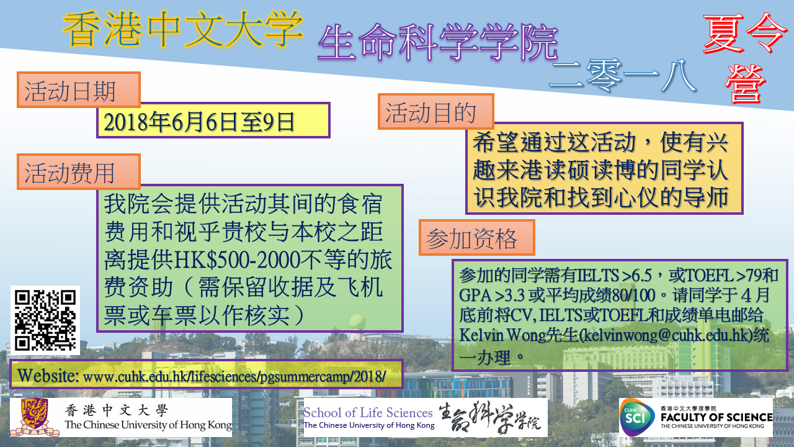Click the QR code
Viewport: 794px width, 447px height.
tap(45, 320)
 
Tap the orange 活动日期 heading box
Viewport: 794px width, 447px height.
tap(79, 90)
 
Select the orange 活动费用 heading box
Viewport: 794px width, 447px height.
tap(79, 172)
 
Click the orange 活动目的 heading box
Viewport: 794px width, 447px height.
tap(436, 111)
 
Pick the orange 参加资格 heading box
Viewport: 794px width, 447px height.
tap(477, 237)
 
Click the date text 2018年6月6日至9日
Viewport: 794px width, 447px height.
tap(199, 122)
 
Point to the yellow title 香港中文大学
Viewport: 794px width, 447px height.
tap(183, 29)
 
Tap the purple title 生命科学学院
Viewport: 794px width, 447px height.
tap(438, 43)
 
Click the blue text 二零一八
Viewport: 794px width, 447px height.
tap(622, 76)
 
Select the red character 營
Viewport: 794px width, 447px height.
tap(745, 84)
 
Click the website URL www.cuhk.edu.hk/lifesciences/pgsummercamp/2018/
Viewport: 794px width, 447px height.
tap(234, 376)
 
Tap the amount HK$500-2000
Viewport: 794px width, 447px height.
tap(238, 260)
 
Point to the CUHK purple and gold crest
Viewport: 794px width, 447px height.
tap(34, 417)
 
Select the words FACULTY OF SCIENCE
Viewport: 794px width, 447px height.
tap(716, 417)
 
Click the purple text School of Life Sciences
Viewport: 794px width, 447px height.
tap(368, 413)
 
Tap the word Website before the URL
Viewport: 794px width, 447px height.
tap(48, 376)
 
